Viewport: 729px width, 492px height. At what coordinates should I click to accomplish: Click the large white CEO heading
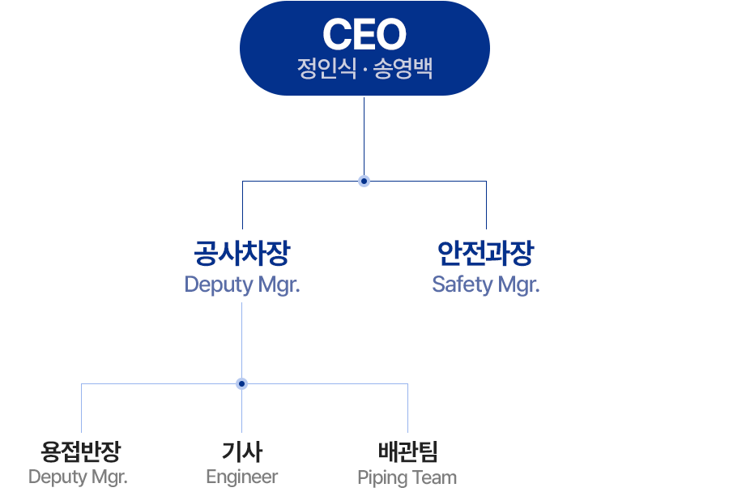pos(364,34)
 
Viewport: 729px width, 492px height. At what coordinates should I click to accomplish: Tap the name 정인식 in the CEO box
pos(327,68)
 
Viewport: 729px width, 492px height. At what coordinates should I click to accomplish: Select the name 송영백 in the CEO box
pos(403,68)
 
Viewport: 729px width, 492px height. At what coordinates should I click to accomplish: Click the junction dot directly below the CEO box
pos(364,181)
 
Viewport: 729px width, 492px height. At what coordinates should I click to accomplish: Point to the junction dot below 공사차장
pos(241,383)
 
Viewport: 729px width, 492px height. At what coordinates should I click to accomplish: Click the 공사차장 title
pos(242,254)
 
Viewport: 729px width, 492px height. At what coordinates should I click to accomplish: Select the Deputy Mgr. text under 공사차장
pos(242,285)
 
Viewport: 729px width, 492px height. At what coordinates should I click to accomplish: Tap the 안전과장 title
pos(486,254)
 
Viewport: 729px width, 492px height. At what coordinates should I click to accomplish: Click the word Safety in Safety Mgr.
pos(463,285)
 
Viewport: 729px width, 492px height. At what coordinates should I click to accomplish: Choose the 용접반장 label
pos(81,451)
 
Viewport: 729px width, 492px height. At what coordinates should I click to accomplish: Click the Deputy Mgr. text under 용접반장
pos(78,477)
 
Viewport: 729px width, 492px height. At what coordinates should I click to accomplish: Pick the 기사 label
pos(242,451)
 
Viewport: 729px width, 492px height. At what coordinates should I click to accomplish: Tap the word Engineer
pos(242,477)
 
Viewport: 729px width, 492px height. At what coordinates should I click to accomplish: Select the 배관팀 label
pos(407,451)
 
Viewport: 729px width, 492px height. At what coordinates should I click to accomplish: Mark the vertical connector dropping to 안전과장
pos(486,205)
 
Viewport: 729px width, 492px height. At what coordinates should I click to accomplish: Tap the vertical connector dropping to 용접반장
pos(81,408)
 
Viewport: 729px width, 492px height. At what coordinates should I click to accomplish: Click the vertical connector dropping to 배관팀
pos(407,408)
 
